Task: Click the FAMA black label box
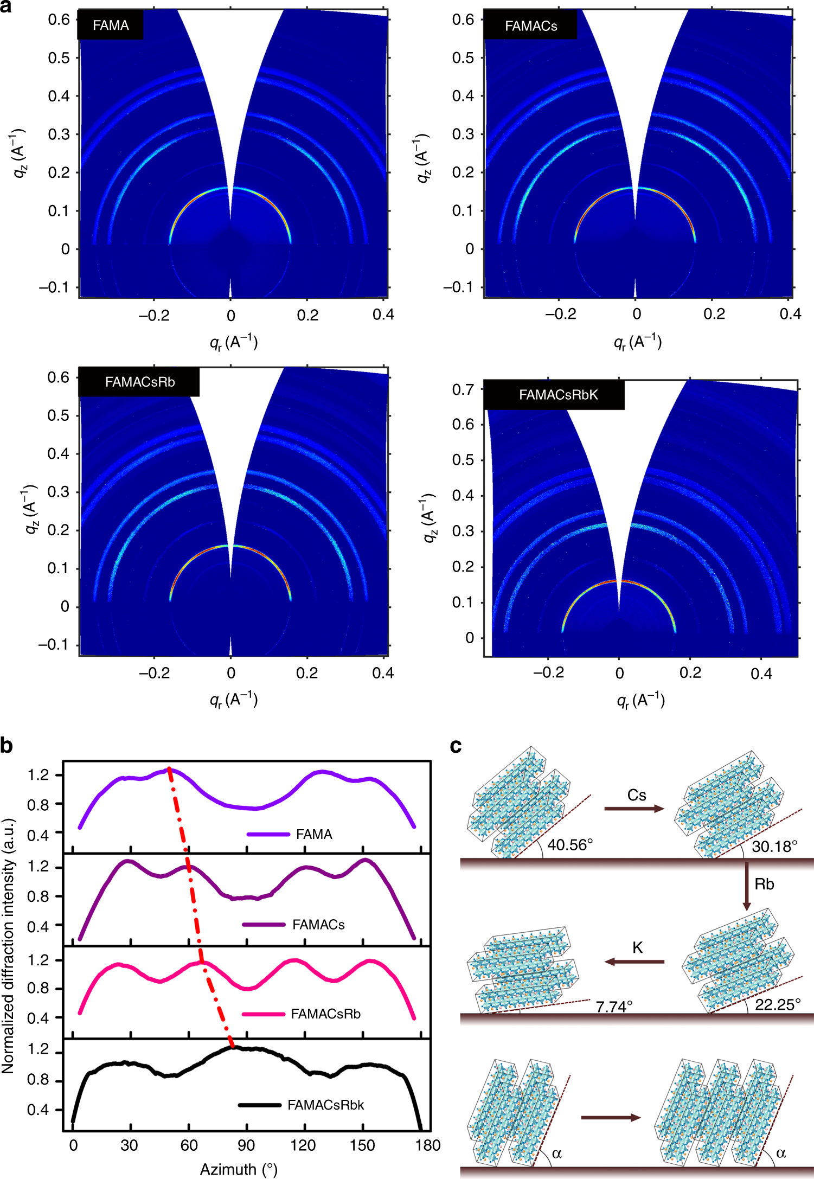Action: click(x=111, y=25)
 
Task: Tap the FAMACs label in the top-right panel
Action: click(x=530, y=26)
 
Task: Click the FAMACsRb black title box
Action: click(x=139, y=382)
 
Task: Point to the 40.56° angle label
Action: click(x=569, y=845)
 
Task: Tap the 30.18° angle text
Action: click(x=774, y=847)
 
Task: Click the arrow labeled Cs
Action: click(x=634, y=809)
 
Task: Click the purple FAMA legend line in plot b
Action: click(x=268, y=834)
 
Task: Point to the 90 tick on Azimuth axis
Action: click(x=246, y=1145)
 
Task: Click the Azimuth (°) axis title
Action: click(x=239, y=1169)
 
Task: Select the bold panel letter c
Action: click(x=456, y=746)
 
